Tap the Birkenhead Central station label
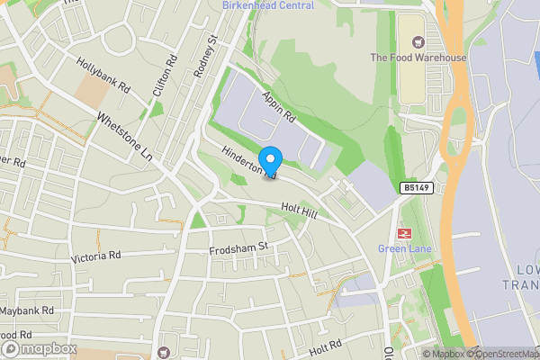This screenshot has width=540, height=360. pos(268,5)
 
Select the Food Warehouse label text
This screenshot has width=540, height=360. pos(418,58)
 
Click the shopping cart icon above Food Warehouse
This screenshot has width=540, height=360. pos(417,41)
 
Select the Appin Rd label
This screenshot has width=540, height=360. pos(278,105)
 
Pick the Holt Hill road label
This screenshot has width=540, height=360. pos(299,210)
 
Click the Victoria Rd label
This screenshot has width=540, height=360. pos(95,256)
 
